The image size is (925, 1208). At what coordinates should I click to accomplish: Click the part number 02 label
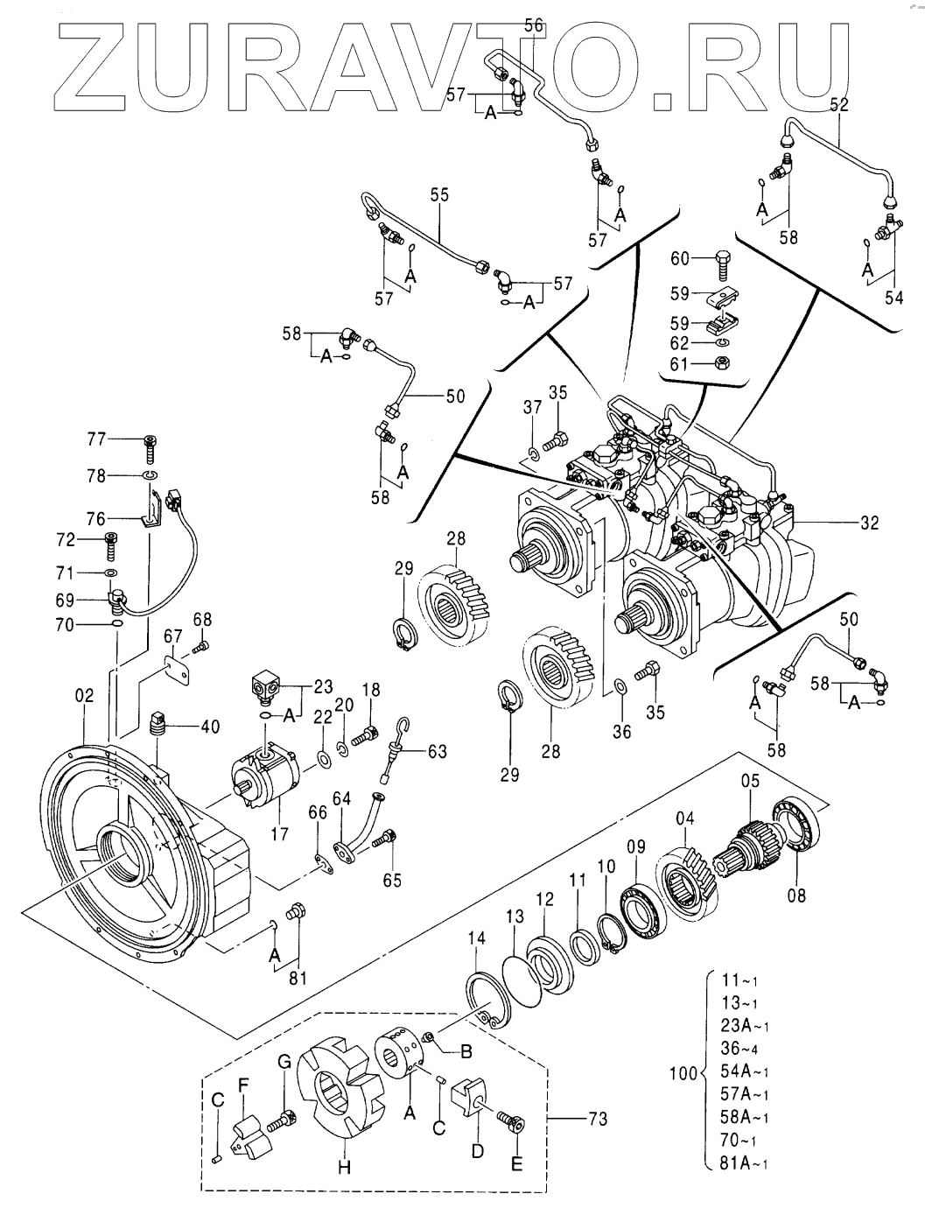83,696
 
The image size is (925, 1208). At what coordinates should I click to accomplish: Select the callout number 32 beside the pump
869,523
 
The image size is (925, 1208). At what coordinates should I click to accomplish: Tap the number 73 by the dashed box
599,1119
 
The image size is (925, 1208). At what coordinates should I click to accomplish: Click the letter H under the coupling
344,1167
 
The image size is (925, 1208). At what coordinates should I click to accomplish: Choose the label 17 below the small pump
279,835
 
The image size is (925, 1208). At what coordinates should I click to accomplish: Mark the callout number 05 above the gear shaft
751,780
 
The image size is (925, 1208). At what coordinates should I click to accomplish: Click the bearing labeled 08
799,828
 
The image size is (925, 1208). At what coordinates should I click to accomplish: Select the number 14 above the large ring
475,938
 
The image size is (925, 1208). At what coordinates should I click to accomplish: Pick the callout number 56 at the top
534,25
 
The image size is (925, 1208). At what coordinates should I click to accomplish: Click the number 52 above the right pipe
839,104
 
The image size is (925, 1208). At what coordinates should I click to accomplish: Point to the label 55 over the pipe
438,194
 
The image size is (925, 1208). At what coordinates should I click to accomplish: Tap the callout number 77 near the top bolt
95,439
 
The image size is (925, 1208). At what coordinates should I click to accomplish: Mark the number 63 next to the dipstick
436,750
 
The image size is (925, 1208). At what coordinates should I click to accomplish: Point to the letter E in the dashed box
516,1163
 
